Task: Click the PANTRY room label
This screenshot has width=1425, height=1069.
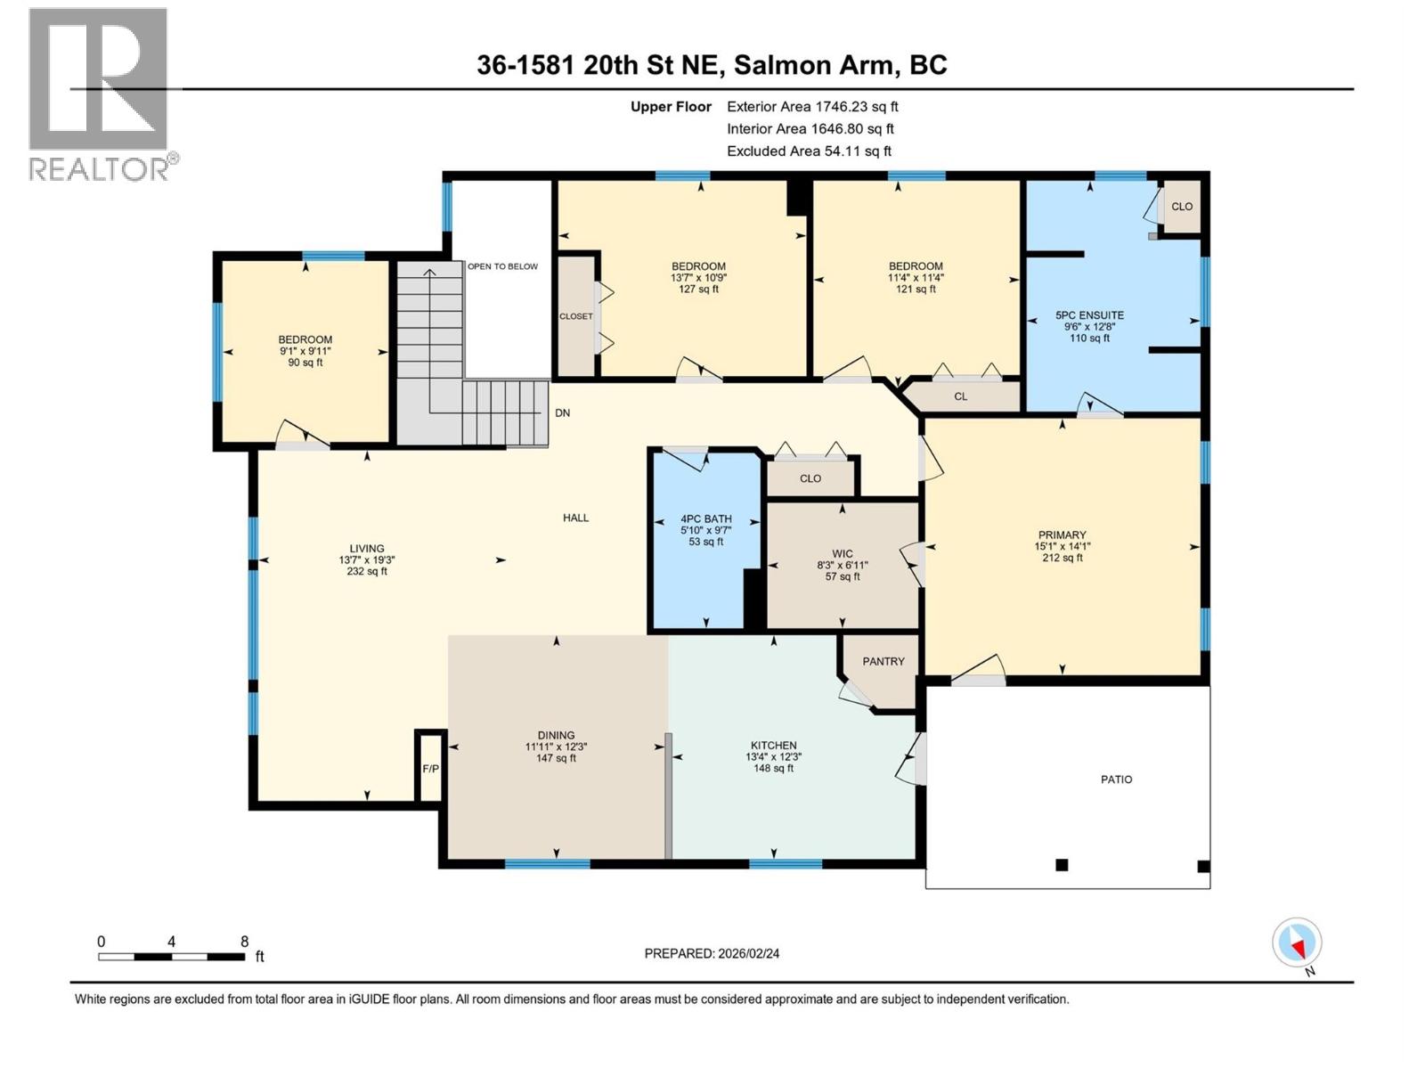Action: point(883,661)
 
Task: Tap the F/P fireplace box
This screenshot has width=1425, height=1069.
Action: point(430,768)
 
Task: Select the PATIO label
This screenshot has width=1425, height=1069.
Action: point(1116,779)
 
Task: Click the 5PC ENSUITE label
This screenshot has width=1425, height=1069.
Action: point(1089,315)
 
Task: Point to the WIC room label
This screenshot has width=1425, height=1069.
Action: point(842,554)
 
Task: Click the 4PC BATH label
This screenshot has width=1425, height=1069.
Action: point(705,518)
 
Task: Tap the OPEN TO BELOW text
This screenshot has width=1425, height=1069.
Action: point(502,266)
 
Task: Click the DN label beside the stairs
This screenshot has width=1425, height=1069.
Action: point(562,413)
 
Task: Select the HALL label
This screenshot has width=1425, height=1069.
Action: point(575,518)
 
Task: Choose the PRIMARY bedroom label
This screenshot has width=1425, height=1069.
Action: point(1062,535)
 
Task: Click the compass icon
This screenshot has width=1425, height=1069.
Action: point(1297,943)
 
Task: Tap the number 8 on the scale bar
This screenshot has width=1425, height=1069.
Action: point(244,942)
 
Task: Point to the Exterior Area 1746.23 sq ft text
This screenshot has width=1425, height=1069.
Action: point(811,106)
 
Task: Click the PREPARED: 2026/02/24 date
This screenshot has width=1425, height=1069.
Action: point(712,953)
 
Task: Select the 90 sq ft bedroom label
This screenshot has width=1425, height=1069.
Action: point(305,339)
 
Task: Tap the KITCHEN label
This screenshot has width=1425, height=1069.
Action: point(773,746)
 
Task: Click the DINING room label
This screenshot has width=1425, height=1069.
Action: point(556,736)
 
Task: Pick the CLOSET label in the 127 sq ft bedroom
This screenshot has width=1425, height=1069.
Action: point(575,316)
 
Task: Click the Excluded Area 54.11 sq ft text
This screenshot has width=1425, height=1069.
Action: point(808,151)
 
